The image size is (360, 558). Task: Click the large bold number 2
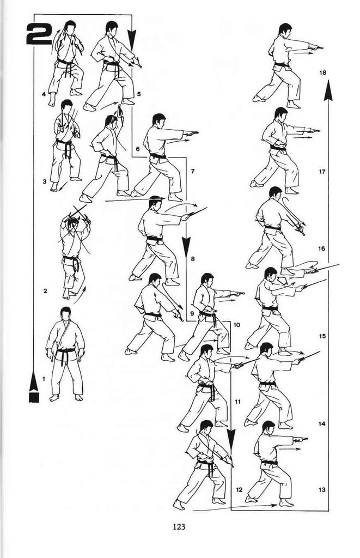(x=39, y=34)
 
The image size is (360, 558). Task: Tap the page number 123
(x=179, y=526)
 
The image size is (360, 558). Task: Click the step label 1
(x=44, y=379)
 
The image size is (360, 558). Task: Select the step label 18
(x=322, y=72)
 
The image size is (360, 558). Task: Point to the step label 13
(x=322, y=490)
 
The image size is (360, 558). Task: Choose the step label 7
(x=193, y=171)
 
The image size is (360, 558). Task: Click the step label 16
(x=321, y=248)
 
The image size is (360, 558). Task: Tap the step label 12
(x=239, y=490)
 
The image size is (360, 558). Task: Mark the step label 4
(x=44, y=94)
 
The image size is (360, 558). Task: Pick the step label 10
(x=237, y=325)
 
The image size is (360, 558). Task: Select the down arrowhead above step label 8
(x=186, y=246)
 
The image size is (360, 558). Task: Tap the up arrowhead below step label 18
(x=328, y=90)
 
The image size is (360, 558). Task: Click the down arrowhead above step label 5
(x=132, y=40)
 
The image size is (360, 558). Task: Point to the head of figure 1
(x=65, y=314)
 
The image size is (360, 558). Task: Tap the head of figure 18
(x=285, y=29)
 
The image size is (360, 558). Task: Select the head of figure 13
(x=268, y=427)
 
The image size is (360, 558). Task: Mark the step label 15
(x=322, y=336)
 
